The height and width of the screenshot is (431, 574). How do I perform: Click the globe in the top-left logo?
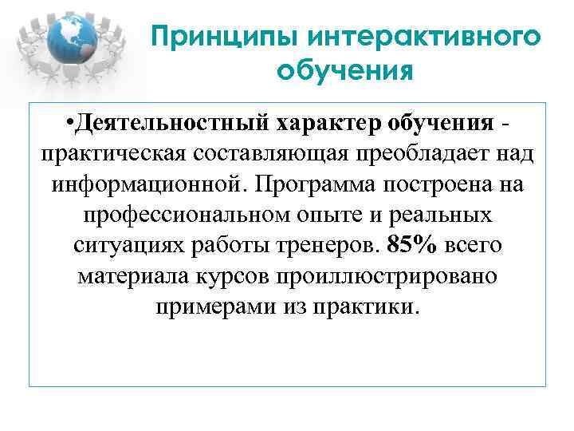(76, 40)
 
